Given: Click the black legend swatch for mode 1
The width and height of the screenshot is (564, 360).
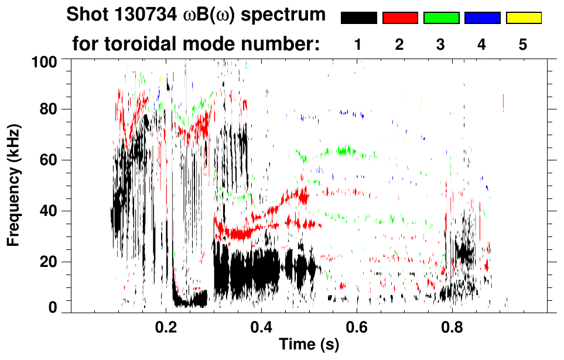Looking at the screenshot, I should (358, 18).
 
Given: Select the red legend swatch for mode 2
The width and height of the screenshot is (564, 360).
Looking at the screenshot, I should (400, 18).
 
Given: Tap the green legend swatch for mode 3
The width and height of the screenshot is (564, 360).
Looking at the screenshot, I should (441, 18).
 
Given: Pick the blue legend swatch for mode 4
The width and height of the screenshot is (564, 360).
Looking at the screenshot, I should (482, 18).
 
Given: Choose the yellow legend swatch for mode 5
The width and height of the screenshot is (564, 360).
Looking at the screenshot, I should (524, 18).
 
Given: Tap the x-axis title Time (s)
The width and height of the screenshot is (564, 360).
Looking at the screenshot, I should (308, 345).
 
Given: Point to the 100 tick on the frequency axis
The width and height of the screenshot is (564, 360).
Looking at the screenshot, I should (46, 61).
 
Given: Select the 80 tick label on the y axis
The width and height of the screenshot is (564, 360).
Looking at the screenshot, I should (49, 109).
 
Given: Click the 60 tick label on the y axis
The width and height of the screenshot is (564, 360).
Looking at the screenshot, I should (49, 160).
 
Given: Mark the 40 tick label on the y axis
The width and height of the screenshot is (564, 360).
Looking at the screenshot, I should (49, 211).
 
